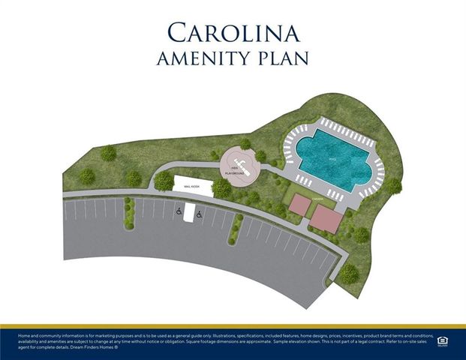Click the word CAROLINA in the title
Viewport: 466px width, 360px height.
pyautogui.click(x=233, y=32)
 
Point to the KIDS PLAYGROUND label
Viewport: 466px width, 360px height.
pyautogui.click(x=235, y=171)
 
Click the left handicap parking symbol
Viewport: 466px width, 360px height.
pyautogui.click(x=179, y=212)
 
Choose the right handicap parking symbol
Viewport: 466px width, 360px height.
pyautogui.click(x=200, y=214)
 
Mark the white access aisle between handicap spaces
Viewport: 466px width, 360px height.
pyautogui.click(x=189, y=212)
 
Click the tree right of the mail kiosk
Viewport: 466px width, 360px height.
pyautogui.click(x=222, y=188)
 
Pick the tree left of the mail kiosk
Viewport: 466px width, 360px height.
pyautogui.click(x=163, y=181)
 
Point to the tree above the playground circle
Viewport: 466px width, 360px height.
pyautogui.click(x=245, y=143)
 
